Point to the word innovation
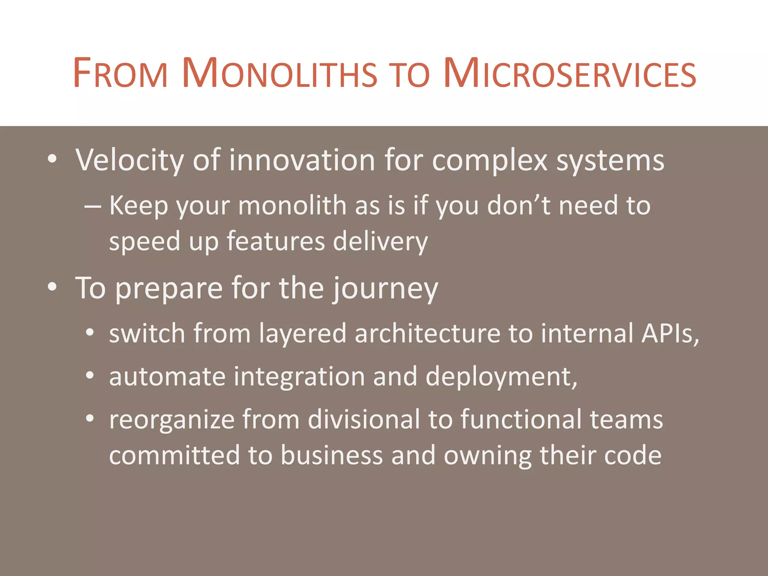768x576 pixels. (x=302, y=160)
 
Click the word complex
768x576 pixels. (x=490, y=160)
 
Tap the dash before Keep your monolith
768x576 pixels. (x=92, y=206)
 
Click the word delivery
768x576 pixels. (x=380, y=241)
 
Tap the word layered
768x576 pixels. (x=302, y=334)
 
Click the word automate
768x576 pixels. (x=167, y=376)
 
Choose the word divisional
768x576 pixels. (x=364, y=419)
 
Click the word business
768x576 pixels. (x=331, y=455)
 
